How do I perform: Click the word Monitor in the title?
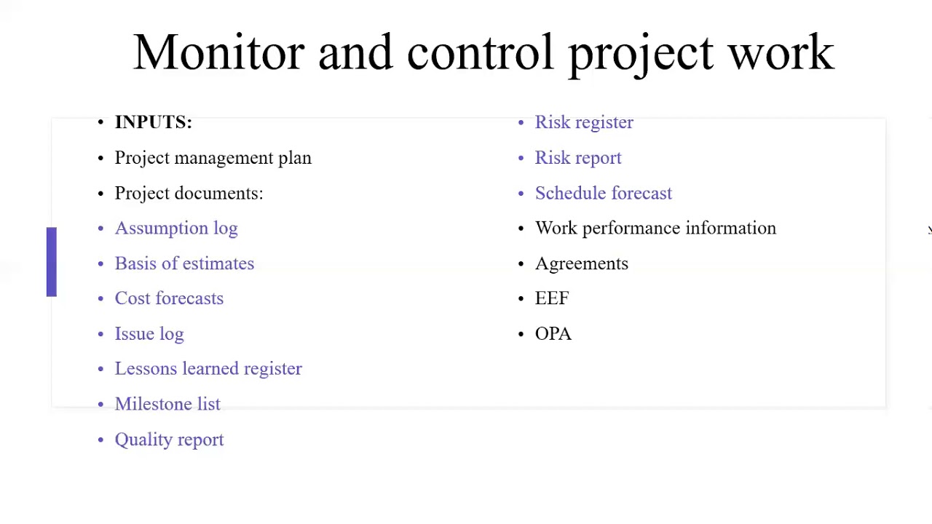pyautogui.click(x=218, y=52)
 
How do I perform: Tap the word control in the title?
pyautogui.click(x=480, y=52)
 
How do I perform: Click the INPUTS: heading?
pyautogui.click(x=153, y=122)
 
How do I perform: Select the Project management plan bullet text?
pyautogui.click(x=213, y=158)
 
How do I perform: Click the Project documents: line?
pyautogui.click(x=189, y=193)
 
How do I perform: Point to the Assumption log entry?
pyautogui.click(x=176, y=229)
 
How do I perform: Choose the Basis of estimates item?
pyautogui.click(x=184, y=263)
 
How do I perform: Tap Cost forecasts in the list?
pyautogui.click(x=169, y=298)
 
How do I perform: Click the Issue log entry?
pyautogui.click(x=149, y=334)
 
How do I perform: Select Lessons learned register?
pyautogui.click(x=208, y=369)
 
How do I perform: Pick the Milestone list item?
pyautogui.click(x=167, y=404)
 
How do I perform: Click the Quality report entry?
pyautogui.click(x=169, y=440)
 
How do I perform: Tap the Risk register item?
pyautogui.click(x=584, y=122)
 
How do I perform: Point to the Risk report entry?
pyautogui.click(x=578, y=158)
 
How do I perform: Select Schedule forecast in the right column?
pyautogui.click(x=604, y=193)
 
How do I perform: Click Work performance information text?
pyautogui.click(x=655, y=229)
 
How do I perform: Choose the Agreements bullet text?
pyautogui.click(x=581, y=263)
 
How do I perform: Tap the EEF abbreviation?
pyautogui.click(x=552, y=298)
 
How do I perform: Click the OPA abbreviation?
pyautogui.click(x=553, y=334)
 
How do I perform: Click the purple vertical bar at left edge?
pyautogui.click(x=51, y=262)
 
